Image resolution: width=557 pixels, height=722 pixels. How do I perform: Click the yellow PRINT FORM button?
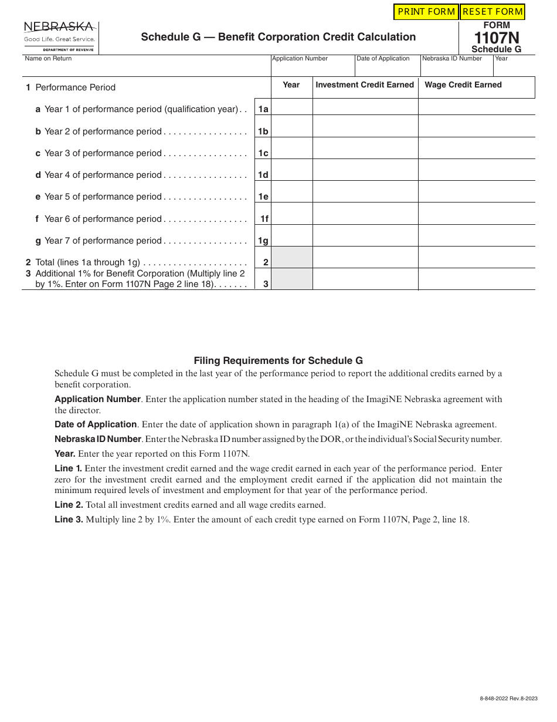coord(426,12)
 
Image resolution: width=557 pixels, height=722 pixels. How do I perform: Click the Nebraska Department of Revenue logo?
coord(59,37)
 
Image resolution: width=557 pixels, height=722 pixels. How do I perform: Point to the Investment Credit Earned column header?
coord(365,85)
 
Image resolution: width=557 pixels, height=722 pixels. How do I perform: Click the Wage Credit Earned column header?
coord(463,85)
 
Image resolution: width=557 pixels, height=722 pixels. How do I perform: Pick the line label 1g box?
coord(263,241)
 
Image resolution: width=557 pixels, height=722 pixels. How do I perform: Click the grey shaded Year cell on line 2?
coord(291,258)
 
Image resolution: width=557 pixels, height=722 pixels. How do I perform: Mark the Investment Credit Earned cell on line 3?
coord(365,279)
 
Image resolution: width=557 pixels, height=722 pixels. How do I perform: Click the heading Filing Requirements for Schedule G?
coord(278,361)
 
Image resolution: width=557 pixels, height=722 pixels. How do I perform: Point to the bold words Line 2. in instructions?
coord(69,505)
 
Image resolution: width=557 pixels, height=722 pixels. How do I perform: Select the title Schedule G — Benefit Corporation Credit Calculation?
coord(278,37)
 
